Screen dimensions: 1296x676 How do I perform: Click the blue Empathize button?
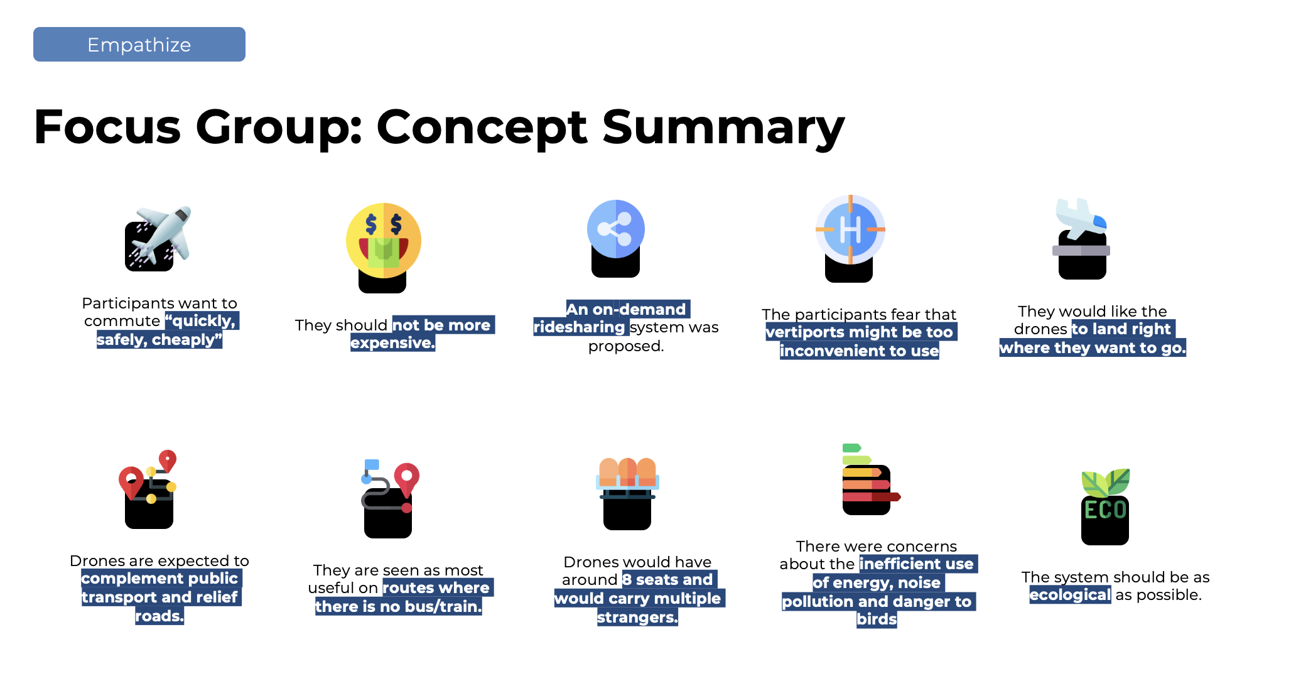tap(139, 45)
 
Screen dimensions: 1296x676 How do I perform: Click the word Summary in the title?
tap(723, 128)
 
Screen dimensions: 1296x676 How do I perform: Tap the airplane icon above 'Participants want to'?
tap(158, 238)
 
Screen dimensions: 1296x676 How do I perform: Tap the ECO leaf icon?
tap(1105, 506)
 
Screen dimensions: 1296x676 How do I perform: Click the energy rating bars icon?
tap(870, 479)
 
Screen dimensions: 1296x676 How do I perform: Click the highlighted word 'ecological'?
tap(1070, 595)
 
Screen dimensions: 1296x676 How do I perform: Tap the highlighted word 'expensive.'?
tap(392, 343)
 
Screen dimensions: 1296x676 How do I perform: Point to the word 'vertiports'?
tap(804, 332)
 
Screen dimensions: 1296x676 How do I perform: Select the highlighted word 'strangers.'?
tap(637, 618)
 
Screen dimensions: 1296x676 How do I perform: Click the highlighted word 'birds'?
tap(877, 619)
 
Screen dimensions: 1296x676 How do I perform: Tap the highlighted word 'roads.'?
tap(159, 616)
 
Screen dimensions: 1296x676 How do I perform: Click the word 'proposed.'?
tap(626, 346)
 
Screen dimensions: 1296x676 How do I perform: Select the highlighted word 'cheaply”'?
tap(187, 340)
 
